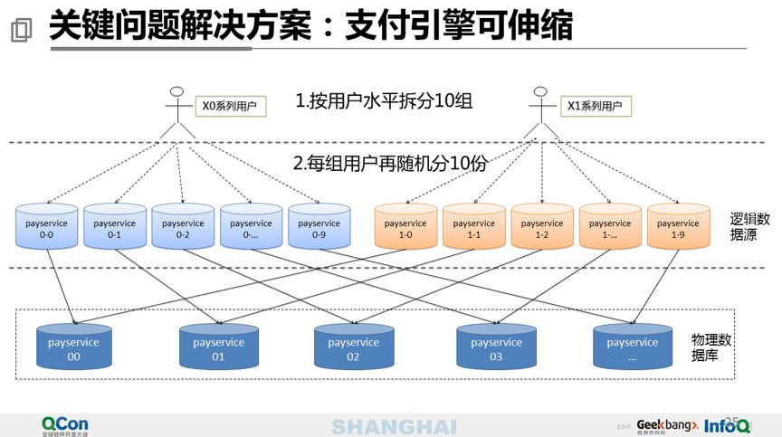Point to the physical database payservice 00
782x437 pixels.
73,348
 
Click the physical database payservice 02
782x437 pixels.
353,348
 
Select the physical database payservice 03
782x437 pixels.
496,348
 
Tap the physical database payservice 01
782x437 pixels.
218,348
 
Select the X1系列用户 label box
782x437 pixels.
594,107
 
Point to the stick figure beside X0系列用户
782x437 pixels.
177,111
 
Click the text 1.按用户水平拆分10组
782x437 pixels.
384,101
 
